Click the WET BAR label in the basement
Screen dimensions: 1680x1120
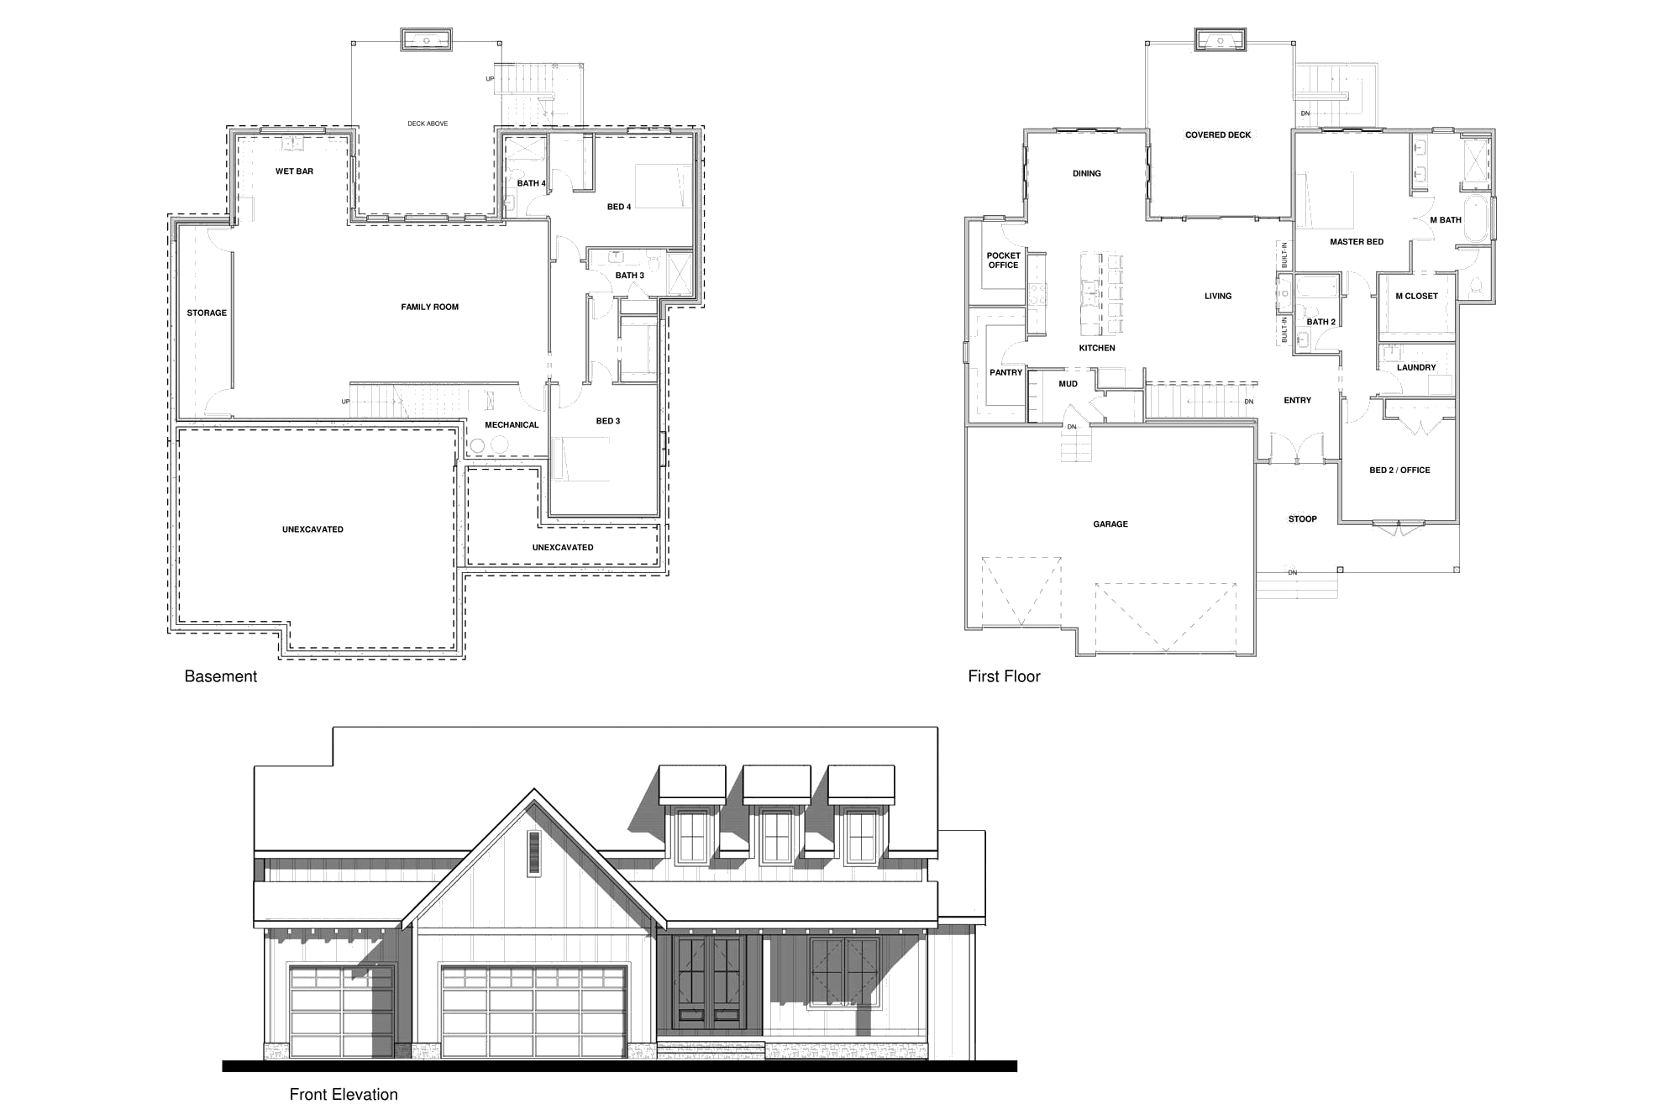[x=294, y=171]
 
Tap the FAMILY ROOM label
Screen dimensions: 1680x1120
[x=430, y=308]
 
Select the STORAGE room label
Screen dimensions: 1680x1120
[x=207, y=313]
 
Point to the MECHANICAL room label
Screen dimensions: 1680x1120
[x=512, y=425]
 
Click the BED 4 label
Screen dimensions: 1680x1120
[x=619, y=208]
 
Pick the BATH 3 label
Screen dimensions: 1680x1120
[x=630, y=276]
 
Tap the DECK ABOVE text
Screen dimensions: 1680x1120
[x=428, y=124]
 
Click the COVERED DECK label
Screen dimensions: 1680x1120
[x=1218, y=135]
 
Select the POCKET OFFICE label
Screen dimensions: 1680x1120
[x=1004, y=260]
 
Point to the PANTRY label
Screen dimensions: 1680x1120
[x=1006, y=373]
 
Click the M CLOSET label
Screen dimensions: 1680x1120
[x=1416, y=297]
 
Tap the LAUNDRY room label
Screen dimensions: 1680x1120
[x=1416, y=368]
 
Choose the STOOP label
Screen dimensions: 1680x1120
[x=1303, y=519]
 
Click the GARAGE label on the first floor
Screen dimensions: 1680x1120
[x=1110, y=524]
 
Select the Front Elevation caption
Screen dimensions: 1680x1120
[x=344, y=1095]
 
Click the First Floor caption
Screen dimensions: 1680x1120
[x=1004, y=676]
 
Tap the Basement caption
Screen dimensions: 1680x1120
[x=221, y=676]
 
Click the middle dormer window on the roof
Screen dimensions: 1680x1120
[x=777, y=836]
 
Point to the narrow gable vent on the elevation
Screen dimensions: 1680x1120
[x=534, y=854]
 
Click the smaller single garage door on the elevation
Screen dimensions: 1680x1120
[x=342, y=1012]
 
